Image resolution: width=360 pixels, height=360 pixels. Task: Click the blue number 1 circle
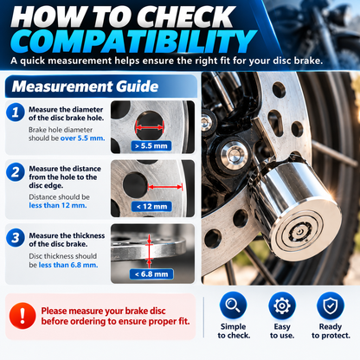16,112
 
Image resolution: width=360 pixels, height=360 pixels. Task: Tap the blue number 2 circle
16,172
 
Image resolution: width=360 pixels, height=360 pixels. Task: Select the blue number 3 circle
16,238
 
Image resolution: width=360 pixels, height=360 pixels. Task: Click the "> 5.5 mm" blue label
151,146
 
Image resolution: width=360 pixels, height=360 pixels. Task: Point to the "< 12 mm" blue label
151,207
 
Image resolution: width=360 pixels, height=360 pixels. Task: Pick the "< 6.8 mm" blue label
151,274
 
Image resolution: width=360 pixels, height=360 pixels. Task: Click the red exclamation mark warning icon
22,316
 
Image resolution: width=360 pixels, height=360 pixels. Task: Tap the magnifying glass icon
233,305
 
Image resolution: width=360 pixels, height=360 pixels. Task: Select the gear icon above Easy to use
282,305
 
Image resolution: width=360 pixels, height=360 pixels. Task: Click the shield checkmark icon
331,305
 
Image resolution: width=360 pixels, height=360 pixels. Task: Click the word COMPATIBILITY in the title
132,42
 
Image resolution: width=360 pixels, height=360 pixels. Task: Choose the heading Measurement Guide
85,87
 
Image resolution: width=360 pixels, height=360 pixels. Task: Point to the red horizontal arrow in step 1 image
150,127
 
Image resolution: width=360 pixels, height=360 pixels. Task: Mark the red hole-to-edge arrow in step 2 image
165,187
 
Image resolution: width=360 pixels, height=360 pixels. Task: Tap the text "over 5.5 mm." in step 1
82,138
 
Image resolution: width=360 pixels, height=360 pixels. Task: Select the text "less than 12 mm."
58,205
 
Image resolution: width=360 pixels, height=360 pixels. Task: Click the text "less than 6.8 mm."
68,265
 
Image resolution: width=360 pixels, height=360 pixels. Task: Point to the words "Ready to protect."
331,331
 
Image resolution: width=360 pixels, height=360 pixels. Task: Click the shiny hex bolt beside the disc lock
234,155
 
